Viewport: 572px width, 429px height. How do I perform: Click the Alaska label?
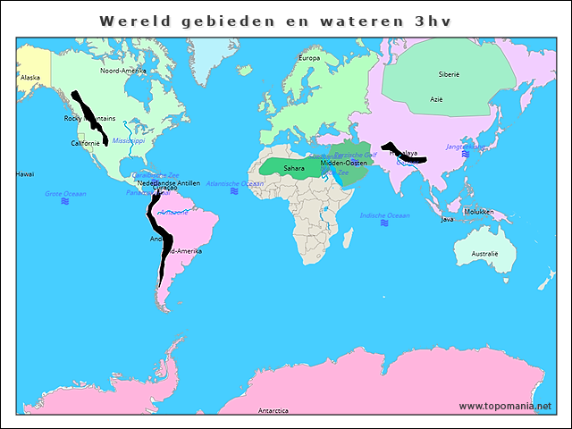[29, 78]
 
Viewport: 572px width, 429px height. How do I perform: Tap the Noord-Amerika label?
[122, 71]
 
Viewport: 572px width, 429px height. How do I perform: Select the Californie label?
[86, 143]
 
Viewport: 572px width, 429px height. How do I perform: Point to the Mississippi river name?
[128, 140]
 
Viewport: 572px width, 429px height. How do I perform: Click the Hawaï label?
[24, 174]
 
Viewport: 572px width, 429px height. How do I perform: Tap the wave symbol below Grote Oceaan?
[65, 202]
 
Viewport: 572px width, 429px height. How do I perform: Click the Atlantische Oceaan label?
[234, 183]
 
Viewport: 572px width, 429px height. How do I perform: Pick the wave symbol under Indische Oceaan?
[384, 223]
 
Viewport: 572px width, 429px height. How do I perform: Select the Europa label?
[308, 58]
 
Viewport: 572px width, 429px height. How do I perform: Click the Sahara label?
[293, 168]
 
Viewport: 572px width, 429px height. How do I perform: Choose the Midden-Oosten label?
[344, 163]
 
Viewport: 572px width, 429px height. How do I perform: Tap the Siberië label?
[448, 75]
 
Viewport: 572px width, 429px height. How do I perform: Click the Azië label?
[436, 99]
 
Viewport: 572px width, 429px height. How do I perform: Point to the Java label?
[448, 219]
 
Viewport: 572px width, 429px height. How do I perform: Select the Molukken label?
[478, 212]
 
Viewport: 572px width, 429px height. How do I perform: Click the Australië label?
[484, 254]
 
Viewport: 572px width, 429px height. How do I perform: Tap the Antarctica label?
[273, 411]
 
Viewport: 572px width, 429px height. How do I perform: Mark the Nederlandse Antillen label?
[169, 182]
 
